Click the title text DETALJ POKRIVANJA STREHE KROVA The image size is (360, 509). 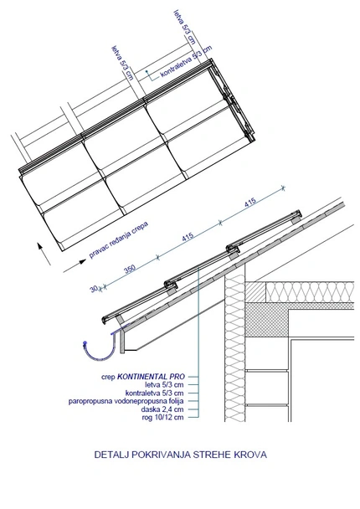181,456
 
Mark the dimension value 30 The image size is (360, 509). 94,290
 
